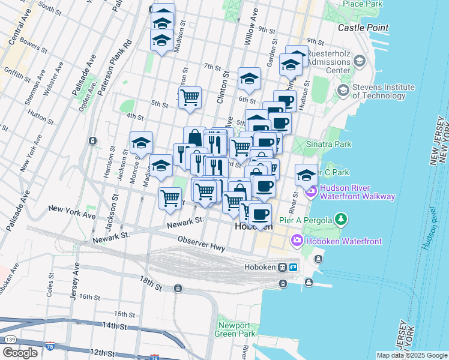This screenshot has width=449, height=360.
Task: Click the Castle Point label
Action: [x=363, y=28]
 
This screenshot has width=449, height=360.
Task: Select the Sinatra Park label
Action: [x=328, y=144]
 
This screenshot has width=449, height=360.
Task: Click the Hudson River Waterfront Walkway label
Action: [x=357, y=192]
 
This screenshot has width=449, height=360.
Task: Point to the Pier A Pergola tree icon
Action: [x=341, y=219]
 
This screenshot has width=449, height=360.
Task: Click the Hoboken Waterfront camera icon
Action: [x=297, y=241]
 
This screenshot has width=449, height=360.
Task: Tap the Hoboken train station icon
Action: [x=283, y=268]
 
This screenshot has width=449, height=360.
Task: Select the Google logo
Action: [x=20, y=352]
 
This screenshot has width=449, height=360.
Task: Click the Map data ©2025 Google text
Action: [x=412, y=355]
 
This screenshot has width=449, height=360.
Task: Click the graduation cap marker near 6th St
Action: [x=249, y=78]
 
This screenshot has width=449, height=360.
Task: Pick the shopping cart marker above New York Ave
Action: [x=170, y=198]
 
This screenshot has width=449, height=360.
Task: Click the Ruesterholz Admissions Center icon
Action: [x=359, y=61]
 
